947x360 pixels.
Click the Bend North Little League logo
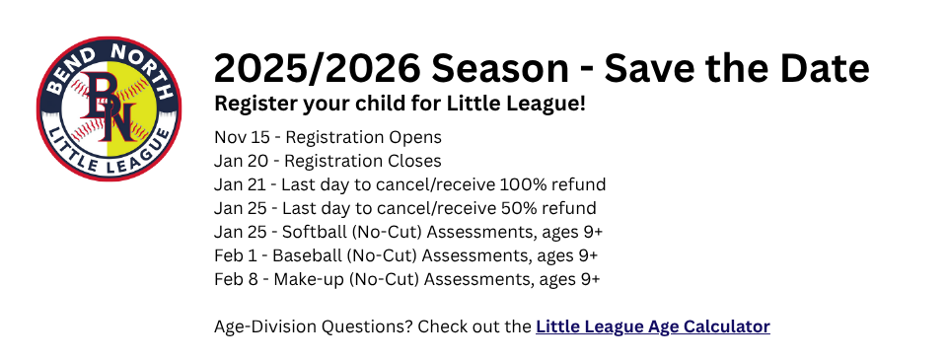coord(109,108)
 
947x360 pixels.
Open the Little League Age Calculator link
coord(653,326)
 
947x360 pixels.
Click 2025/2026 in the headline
coord(317,68)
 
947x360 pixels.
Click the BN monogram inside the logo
coord(109,107)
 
